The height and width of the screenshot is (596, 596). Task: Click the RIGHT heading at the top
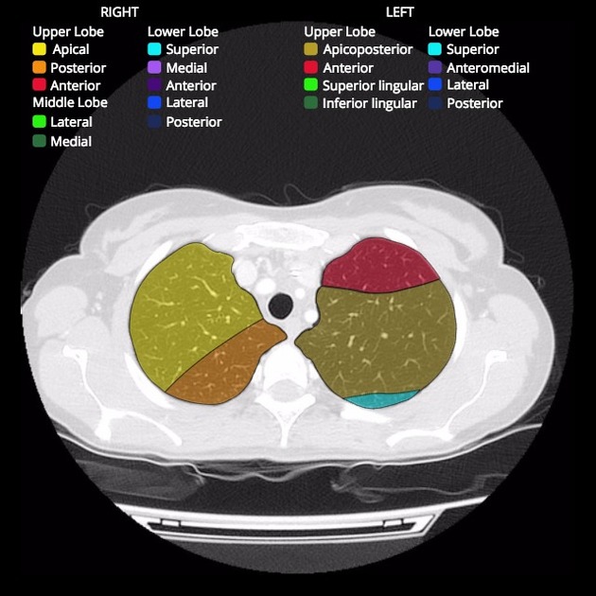click(119, 12)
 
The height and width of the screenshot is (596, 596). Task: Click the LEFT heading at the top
click(399, 12)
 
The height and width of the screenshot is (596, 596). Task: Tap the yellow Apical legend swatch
click(39, 48)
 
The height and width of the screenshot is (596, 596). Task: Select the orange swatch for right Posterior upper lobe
click(39, 67)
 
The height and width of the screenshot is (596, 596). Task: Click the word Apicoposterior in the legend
click(368, 49)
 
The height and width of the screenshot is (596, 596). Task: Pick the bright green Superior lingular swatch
click(310, 84)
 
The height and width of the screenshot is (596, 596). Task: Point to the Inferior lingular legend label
click(370, 103)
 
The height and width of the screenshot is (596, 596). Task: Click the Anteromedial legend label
click(488, 68)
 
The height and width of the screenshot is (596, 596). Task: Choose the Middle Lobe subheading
click(70, 102)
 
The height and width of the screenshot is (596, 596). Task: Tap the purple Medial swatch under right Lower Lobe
click(154, 67)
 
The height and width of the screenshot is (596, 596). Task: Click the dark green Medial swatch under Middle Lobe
click(39, 141)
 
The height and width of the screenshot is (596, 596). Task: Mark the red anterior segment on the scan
click(378, 265)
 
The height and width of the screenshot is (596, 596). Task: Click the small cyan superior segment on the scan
click(381, 399)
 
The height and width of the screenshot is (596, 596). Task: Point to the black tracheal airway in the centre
click(281, 306)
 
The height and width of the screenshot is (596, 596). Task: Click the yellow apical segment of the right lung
click(190, 304)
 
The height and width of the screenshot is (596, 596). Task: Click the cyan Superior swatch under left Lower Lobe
click(435, 48)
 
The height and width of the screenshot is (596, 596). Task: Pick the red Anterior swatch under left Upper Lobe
click(310, 67)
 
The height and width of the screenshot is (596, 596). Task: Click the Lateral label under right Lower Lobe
click(187, 102)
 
